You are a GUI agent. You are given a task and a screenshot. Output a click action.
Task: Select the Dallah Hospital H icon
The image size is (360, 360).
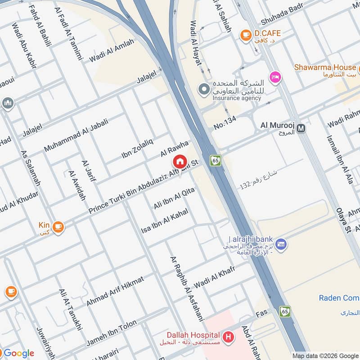[x=229, y=336]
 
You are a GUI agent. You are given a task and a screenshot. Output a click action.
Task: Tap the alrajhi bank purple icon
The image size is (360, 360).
[x=281, y=244]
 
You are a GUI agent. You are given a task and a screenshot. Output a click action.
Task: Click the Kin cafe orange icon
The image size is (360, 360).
[x=58, y=227]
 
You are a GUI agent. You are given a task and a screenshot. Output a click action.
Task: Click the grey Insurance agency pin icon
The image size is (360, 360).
[x=204, y=89]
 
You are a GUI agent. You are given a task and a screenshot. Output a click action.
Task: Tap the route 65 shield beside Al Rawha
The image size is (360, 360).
[x=215, y=160]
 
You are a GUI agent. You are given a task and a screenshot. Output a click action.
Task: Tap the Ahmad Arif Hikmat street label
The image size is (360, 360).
[x=115, y=291]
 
